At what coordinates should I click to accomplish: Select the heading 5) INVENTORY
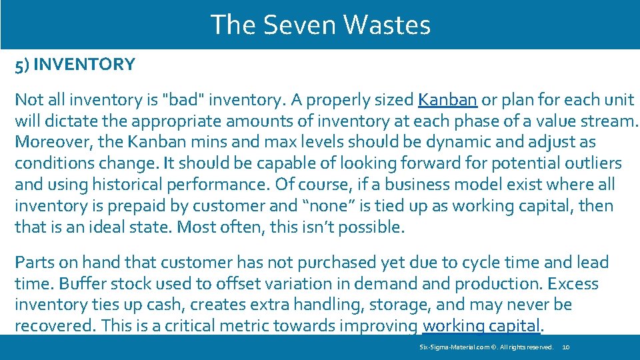pos(75,65)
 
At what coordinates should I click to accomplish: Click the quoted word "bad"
pos(183,100)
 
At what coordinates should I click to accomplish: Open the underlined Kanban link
pos(447,100)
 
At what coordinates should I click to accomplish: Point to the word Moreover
pos(45,143)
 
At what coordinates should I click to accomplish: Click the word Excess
pos(573,284)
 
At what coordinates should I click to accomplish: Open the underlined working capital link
pos(481,326)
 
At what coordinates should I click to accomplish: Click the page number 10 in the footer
pos(566,347)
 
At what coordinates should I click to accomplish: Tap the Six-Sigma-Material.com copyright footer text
pos(486,347)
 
